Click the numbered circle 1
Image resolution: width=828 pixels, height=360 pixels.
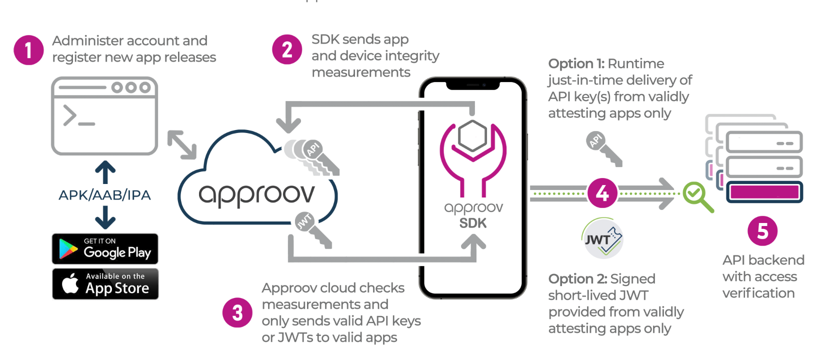tap(28, 50)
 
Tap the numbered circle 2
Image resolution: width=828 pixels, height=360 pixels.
tap(287, 49)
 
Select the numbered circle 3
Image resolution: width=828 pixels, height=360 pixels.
tap(237, 313)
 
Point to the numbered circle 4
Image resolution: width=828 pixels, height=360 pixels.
tap(602, 193)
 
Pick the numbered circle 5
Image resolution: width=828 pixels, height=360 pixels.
tap(762, 231)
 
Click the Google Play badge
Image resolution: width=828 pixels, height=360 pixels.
tap(105, 248)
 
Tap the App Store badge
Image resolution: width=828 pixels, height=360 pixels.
tap(105, 283)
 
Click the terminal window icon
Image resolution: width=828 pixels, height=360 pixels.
tap(104, 115)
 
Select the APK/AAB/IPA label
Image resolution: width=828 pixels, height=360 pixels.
tap(104, 195)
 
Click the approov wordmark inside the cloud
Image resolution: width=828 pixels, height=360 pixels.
tap(256, 195)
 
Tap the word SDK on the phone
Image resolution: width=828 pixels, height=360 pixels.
tap(472, 223)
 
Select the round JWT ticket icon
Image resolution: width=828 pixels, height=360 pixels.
tap(602, 238)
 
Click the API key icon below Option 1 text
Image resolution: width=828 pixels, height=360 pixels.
tap(604, 148)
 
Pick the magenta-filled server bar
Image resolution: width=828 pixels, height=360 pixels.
tap(764, 192)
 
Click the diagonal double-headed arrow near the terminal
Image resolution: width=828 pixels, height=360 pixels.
tap(182, 144)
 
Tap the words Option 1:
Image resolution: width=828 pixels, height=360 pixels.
tap(576, 64)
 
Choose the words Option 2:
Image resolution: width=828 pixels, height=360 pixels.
tap(577, 279)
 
